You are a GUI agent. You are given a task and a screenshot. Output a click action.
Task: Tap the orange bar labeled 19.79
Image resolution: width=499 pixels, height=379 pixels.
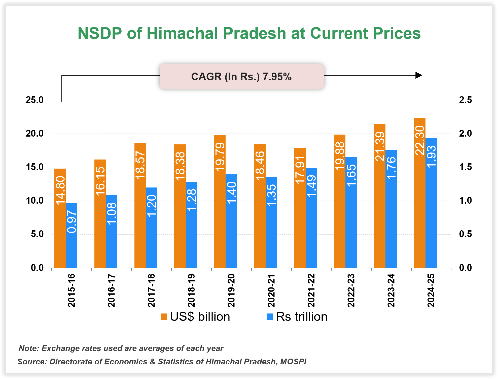[x=220, y=214]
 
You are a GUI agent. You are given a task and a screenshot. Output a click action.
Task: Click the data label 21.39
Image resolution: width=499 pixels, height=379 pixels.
[x=380, y=146]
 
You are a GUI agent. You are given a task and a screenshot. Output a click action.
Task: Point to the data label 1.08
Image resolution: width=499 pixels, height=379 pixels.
[x=112, y=213]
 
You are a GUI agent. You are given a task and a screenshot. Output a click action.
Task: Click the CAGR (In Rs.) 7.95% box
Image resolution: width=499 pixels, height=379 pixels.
[x=241, y=77]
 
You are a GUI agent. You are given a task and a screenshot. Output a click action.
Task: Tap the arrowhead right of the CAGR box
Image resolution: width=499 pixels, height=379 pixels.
[x=418, y=75]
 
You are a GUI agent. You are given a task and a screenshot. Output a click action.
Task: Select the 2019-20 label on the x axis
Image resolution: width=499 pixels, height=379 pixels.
[x=231, y=290]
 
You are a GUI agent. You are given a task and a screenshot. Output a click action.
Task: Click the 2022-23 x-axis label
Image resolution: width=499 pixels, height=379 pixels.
[x=351, y=290]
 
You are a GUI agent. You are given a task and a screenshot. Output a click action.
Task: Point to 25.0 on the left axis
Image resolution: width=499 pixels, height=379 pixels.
[x=34, y=100]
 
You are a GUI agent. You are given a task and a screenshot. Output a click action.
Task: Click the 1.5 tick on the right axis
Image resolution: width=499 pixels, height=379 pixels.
[x=465, y=167]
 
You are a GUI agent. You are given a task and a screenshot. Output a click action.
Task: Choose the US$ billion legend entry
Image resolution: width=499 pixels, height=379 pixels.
[x=195, y=317]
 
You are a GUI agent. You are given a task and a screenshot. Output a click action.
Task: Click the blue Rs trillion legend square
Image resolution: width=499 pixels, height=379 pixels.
[x=270, y=317]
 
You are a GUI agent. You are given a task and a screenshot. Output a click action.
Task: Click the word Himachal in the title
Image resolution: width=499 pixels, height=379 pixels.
[x=182, y=33]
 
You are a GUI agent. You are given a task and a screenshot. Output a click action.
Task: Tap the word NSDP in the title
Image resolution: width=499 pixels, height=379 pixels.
[x=100, y=33]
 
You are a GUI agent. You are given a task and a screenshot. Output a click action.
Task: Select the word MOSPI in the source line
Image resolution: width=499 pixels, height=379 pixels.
[x=293, y=362]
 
